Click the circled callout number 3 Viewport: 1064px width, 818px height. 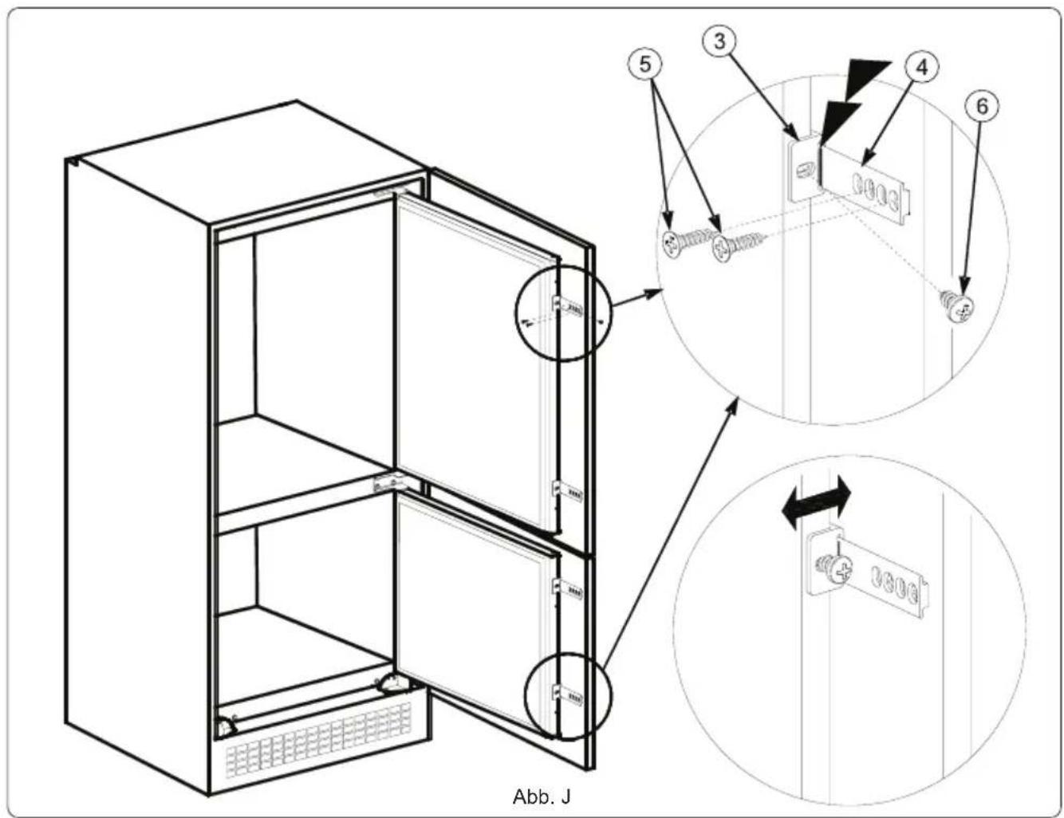tap(719, 41)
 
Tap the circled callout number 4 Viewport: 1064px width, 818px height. tap(921, 67)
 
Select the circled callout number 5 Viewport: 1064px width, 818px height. tap(645, 64)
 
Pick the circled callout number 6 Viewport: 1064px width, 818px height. tap(982, 107)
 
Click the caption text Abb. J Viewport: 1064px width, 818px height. tap(542, 796)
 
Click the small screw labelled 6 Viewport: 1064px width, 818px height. tap(956, 306)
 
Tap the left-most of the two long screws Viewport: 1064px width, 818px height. tap(684, 242)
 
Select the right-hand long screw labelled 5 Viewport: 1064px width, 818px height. tap(739, 246)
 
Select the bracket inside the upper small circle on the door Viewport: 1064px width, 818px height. tap(568, 306)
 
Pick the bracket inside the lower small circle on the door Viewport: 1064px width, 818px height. tap(568, 695)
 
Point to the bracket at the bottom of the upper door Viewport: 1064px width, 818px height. tap(568, 492)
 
